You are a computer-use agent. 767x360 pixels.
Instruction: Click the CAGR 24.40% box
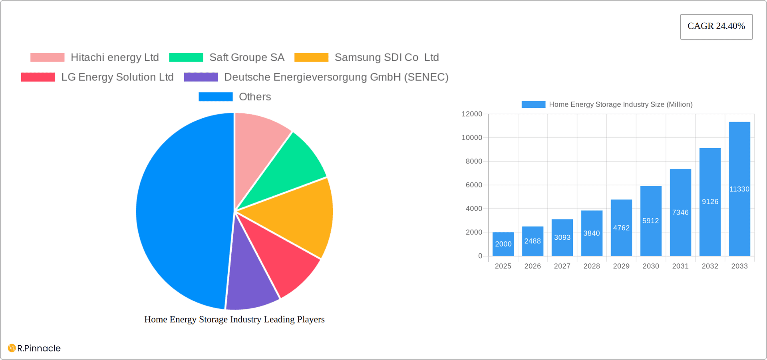tap(716, 27)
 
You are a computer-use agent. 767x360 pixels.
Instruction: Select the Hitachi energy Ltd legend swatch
tap(47, 58)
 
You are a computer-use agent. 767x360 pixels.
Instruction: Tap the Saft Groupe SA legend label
tap(246, 58)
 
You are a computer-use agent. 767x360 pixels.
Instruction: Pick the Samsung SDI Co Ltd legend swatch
tap(311, 58)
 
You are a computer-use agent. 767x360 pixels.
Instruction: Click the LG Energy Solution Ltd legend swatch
tap(38, 77)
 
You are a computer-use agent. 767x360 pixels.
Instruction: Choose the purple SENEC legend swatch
tap(201, 77)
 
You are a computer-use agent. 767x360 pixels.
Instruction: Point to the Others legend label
tap(254, 97)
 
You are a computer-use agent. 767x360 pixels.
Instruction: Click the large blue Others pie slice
tap(180, 212)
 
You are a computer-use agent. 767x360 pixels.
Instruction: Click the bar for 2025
tap(503, 244)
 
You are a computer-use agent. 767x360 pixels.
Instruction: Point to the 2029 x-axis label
tap(621, 266)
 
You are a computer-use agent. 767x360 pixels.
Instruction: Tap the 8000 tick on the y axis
tap(474, 161)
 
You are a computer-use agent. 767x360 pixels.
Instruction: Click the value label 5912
tap(650, 221)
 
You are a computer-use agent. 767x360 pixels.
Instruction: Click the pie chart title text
tap(234, 320)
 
